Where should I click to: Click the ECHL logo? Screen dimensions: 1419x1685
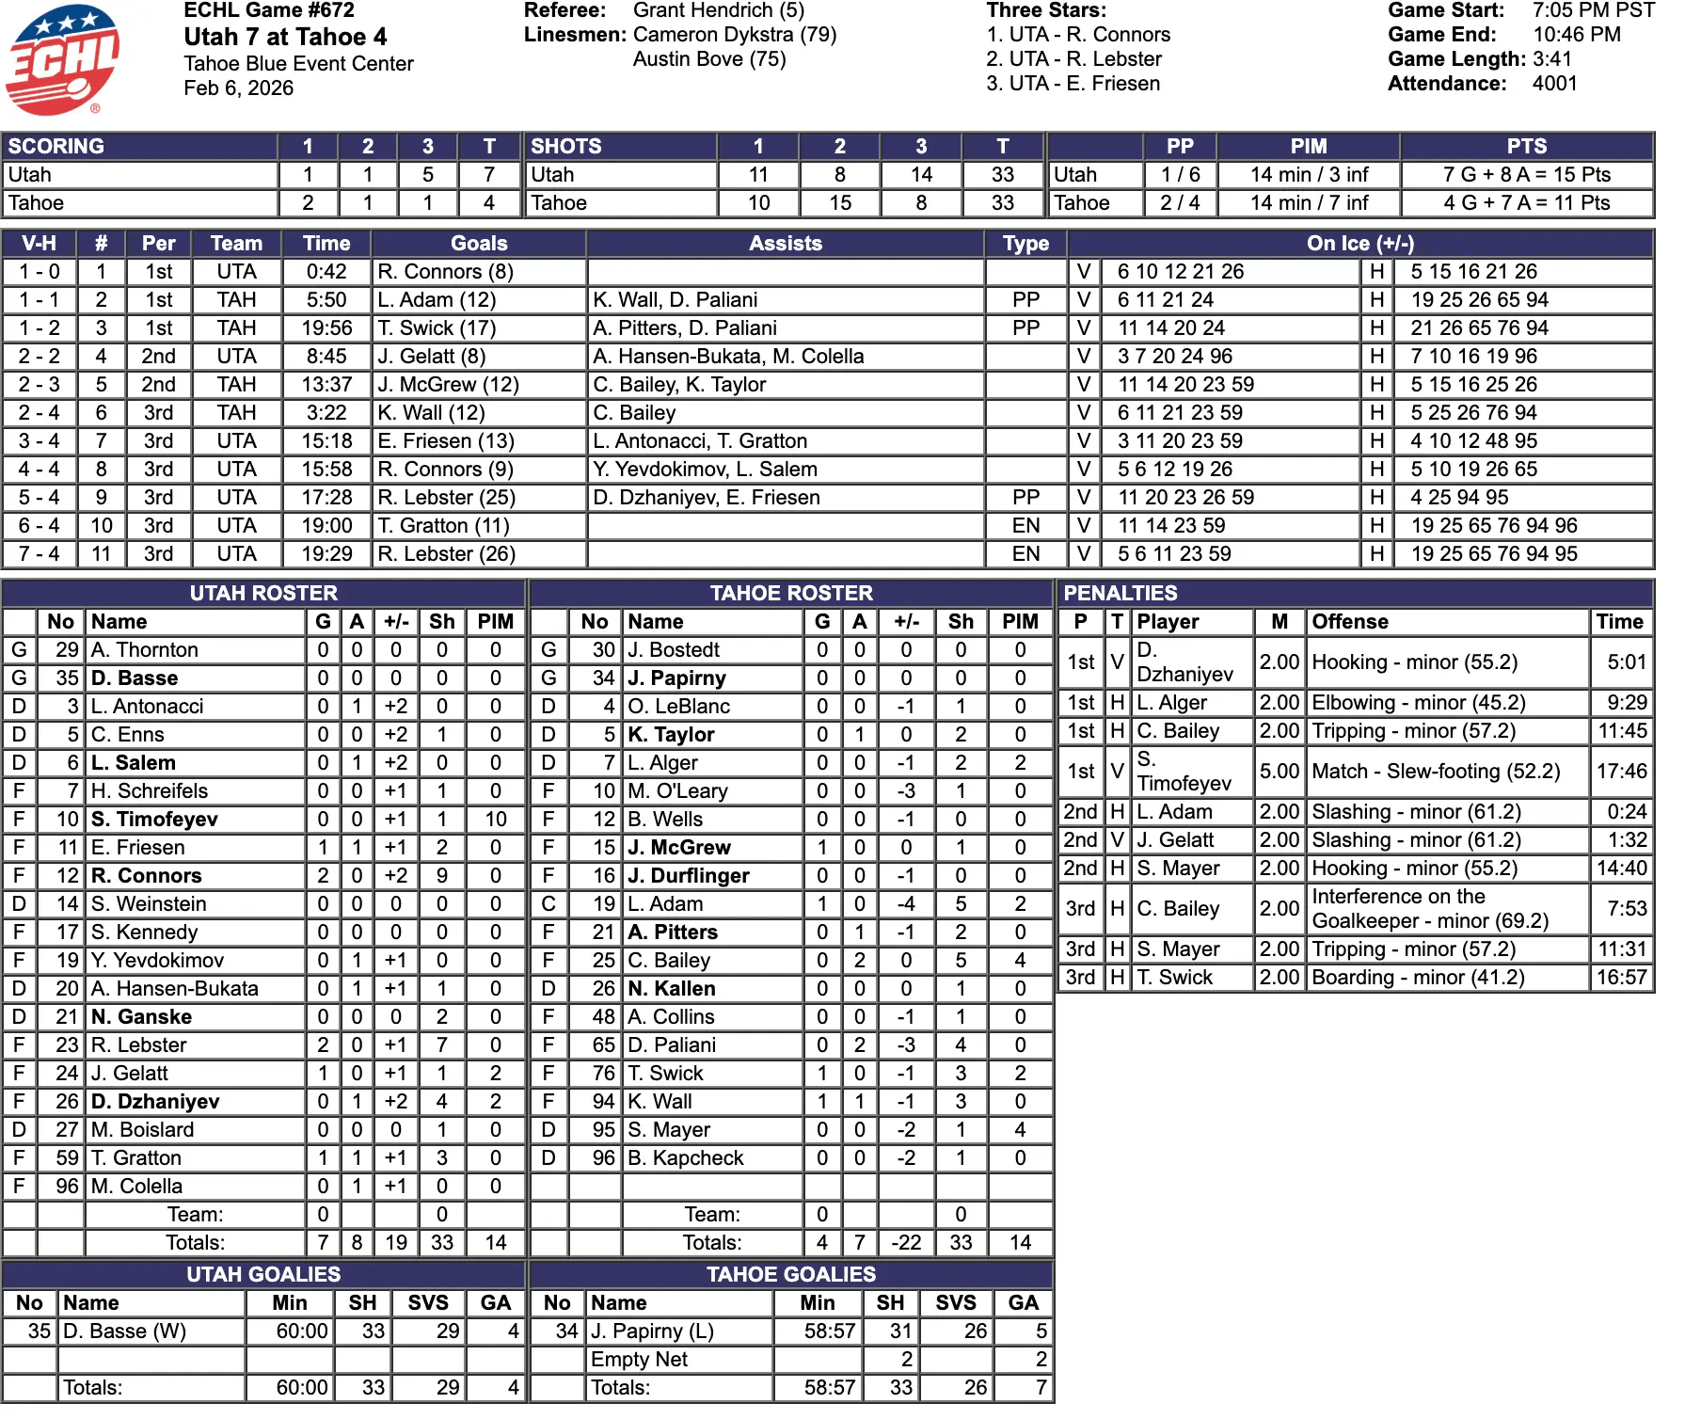pos(62,58)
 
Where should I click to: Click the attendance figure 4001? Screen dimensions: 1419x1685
pos(1554,84)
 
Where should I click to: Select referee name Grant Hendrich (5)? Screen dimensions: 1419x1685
pos(718,10)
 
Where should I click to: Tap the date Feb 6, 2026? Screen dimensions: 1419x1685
pos(238,88)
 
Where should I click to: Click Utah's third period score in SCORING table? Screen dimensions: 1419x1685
pos(427,175)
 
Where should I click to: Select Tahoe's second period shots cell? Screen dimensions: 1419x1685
pos(839,203)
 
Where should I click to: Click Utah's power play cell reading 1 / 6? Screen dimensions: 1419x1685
pos(1180,175)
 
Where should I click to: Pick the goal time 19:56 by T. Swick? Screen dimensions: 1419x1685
pos(326,328)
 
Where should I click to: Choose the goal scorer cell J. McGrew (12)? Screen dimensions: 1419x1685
pos(448,385)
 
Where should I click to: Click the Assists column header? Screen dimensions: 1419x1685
pos(785,244)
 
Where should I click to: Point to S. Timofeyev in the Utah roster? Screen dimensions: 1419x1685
pos(154,820)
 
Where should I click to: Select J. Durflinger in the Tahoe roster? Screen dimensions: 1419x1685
pos(688,876)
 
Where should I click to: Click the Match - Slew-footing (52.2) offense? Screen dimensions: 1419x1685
pos(1436,772)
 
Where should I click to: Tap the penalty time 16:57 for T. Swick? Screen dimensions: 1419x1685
pos(1621,978)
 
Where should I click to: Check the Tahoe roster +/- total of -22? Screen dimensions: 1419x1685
pos(906,1243)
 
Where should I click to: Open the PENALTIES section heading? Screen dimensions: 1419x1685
pos(1120,594)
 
